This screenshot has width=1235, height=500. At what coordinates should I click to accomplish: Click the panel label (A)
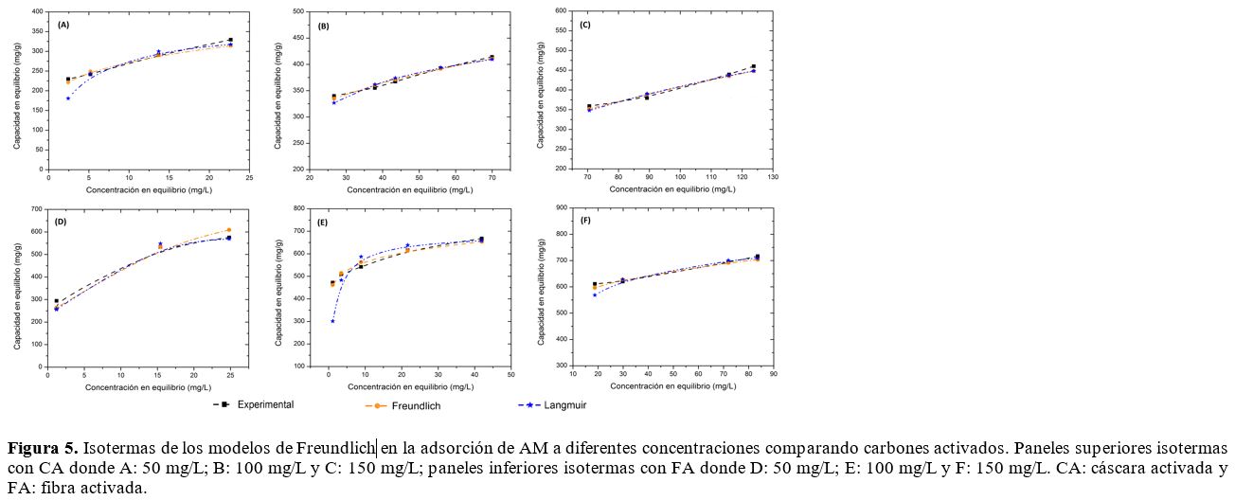coord(63,25)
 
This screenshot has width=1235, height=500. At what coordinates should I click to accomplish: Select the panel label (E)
coord(323,223)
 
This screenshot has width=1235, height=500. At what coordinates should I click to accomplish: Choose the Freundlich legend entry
coord(414,405)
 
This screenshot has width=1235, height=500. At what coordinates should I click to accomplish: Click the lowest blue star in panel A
coord(68,98)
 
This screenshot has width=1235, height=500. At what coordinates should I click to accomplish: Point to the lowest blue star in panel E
coord(332,321)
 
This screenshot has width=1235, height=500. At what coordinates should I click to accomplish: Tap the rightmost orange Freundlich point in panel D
coord(228,230)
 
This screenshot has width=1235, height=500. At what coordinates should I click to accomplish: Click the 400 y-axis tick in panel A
coord(37,11)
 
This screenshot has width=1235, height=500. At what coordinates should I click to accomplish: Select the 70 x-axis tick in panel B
coord(492,177)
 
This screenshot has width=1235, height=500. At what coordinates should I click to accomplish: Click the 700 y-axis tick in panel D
coord(37,208)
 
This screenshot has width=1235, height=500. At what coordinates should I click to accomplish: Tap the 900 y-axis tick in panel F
coord(560,207)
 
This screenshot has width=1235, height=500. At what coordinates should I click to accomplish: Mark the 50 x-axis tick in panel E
coord(510,375)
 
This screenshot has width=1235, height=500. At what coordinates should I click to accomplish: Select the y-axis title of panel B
coord(278,91)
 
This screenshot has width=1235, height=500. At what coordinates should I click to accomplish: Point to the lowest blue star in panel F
coord(595,295)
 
